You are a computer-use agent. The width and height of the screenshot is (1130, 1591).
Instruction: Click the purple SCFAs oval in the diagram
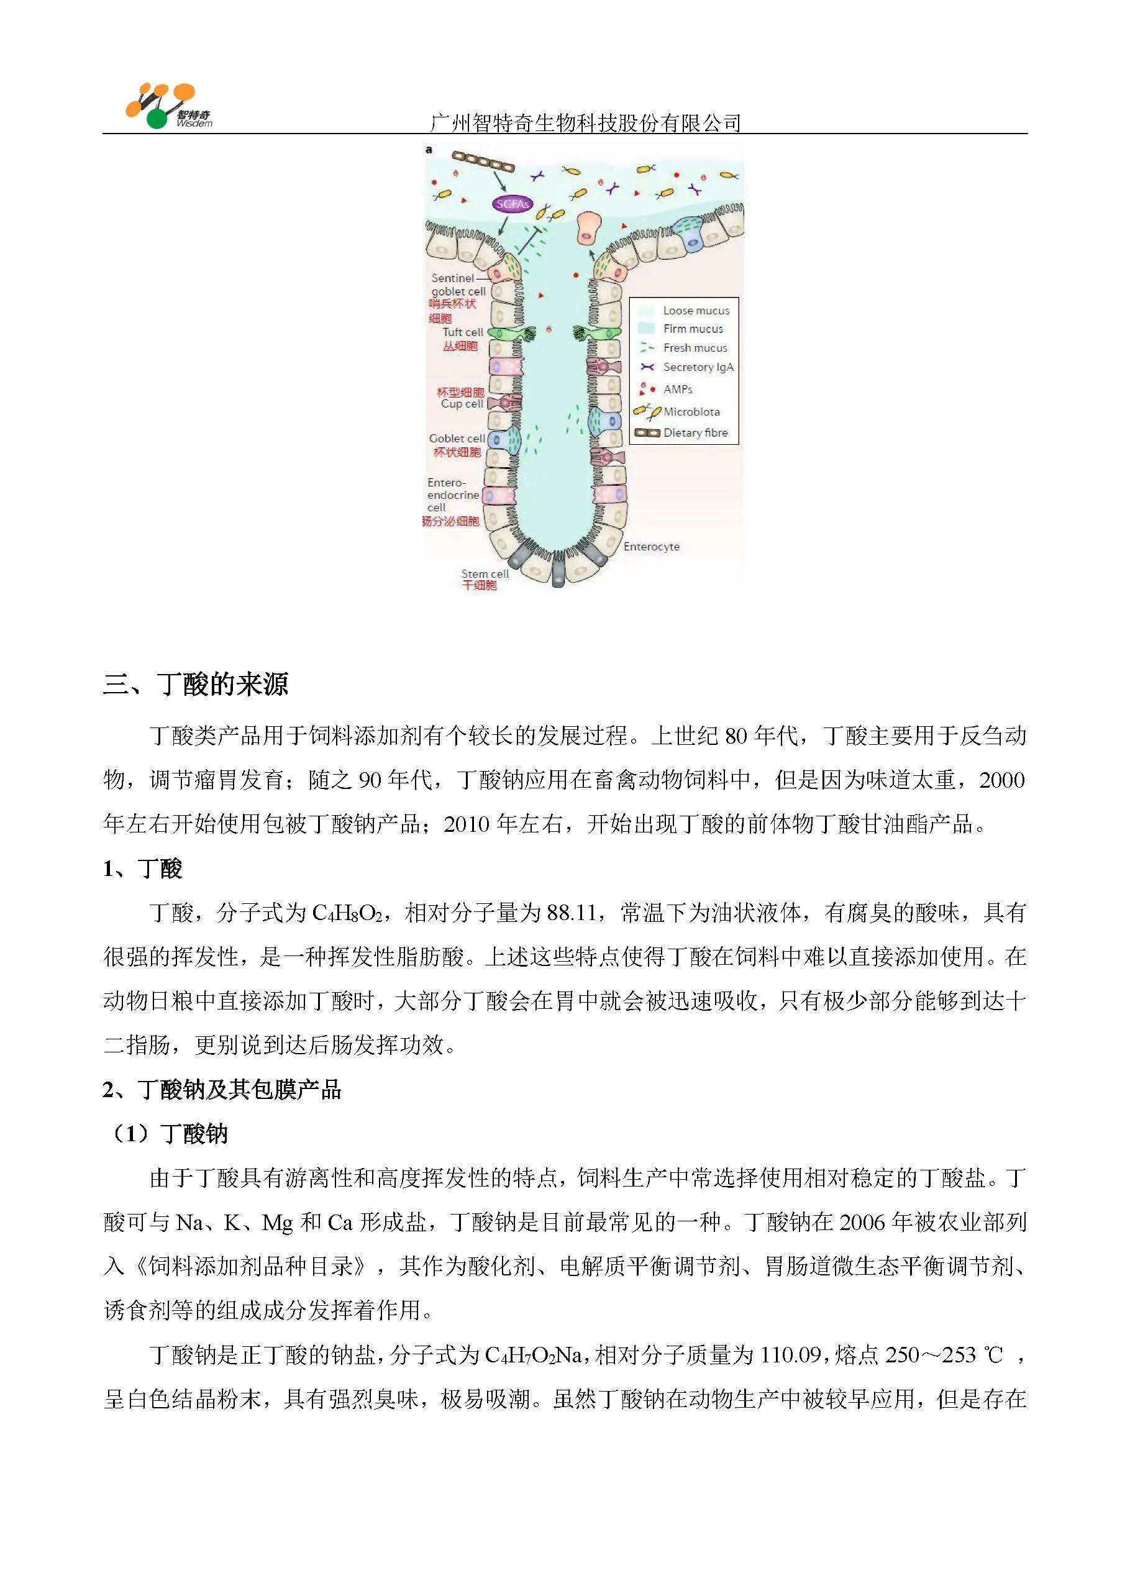513,204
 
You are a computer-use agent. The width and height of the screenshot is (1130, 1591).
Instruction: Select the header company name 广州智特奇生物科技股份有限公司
585,123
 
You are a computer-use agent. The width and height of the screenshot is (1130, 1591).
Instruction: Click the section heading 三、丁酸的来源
196,685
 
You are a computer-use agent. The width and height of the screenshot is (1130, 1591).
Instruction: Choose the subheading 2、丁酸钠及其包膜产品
222,1090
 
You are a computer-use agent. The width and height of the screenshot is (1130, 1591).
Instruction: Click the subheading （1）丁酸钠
166,1134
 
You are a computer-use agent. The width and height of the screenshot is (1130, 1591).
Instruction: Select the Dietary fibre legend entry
695,433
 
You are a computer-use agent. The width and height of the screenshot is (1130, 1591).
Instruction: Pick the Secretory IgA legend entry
697,367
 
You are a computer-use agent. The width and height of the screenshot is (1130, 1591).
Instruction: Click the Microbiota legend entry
691,412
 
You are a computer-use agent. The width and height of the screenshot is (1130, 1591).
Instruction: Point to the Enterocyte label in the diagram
651,547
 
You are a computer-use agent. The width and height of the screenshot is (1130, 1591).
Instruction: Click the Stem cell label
485,574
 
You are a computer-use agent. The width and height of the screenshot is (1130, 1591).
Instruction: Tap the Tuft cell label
463,332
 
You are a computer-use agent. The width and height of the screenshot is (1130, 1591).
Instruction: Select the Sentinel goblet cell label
458,285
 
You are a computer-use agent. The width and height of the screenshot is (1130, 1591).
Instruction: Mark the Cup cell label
462,403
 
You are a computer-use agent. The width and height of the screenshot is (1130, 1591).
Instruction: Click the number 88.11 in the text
572,913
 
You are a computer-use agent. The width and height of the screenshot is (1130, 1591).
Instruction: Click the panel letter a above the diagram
429,150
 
